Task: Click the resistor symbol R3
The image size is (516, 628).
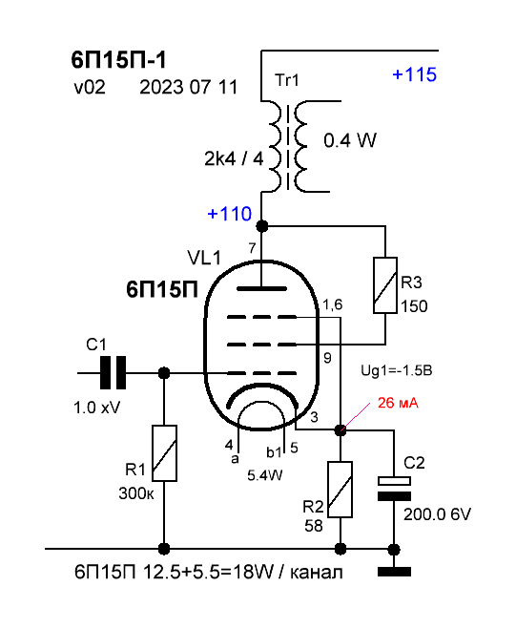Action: [x=385, y=285]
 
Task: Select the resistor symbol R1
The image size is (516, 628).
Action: [x=164, y=453]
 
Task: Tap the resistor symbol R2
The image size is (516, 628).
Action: [x=341, y=490]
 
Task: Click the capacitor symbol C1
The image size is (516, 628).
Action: [x=113, y=373]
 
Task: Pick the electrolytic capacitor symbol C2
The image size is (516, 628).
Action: [x=394, y=489]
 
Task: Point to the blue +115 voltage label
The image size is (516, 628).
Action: [x=414, y=74]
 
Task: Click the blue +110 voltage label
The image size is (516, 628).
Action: [x=229, y=214]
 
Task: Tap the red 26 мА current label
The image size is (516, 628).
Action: [x=398, y=403]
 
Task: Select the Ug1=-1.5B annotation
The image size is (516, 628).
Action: [x=397, y=370]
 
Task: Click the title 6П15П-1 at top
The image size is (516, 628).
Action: [x=118, y=60]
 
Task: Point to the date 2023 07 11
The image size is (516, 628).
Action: [x=189, y=87]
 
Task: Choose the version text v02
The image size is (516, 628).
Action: [x=90, y=87]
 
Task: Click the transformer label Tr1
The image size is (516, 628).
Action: [x=287, y=80]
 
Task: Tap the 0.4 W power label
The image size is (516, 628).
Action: [x=350, y=140]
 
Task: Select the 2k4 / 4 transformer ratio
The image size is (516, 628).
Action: [x=234, y=158]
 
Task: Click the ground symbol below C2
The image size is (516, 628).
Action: [x=394, y=572]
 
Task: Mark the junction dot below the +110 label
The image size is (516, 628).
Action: [x=261, y=226]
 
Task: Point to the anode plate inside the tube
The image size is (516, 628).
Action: [x=261, y=288]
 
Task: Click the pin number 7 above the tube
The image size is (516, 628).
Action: [x=252, y=248]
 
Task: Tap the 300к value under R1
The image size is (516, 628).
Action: [x=136, y=493]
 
